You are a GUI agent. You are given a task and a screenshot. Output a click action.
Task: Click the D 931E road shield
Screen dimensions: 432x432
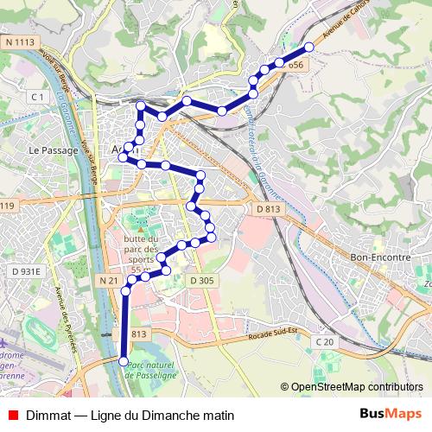click(26, 271)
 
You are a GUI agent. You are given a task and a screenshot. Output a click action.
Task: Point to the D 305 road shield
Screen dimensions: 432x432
click(200, 281)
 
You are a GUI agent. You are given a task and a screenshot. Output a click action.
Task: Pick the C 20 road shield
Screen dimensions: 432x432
click(324, 342)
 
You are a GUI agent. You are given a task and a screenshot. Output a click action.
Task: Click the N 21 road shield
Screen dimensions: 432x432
click(108, 281)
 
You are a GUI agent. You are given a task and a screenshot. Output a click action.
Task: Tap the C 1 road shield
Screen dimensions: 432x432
click(36, 97)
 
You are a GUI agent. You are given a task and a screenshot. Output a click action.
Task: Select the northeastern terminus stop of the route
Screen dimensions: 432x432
click(309, 47)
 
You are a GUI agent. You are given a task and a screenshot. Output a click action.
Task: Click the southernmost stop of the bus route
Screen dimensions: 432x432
click(123, 361)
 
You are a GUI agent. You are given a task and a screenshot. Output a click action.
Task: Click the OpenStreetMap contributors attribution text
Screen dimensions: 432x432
click(356, 387)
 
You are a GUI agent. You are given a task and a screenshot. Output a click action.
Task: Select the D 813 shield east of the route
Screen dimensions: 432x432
click(269, 208)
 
